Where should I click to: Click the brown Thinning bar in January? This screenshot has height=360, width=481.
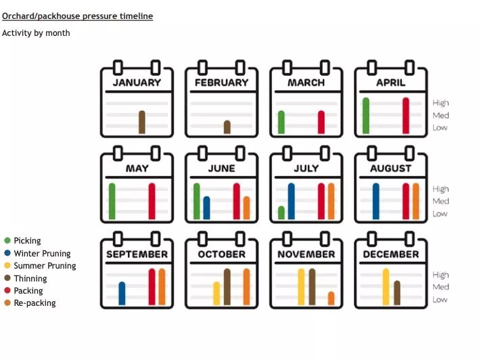(142, 122)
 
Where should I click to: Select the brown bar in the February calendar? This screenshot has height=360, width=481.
(227, 127)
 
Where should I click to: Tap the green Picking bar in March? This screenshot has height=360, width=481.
(281, 122)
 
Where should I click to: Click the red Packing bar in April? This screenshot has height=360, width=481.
(406, 116)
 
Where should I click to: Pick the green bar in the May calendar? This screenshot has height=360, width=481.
(112, 202)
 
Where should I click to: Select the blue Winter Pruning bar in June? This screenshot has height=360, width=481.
(206, 208)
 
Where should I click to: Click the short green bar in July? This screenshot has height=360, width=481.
(281, 213)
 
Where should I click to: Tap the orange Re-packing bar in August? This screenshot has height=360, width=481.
(415, 202)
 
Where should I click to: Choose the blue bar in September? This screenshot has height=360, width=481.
(122, 294)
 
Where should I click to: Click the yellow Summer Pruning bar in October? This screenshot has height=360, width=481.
(216, 294)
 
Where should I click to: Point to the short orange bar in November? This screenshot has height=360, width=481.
(331, 298)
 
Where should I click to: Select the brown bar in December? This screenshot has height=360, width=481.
(396, 293)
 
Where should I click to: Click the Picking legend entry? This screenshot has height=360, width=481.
(27, 241)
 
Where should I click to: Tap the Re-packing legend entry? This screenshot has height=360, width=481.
(35, 303)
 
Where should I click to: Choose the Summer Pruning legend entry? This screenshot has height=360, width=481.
(45, 266)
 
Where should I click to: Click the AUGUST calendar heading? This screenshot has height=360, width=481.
(390, 168)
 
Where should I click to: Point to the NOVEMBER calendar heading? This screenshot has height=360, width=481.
(306, 254)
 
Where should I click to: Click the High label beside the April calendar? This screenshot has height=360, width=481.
(440, 103)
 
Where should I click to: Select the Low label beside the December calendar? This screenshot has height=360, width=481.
(440, 300)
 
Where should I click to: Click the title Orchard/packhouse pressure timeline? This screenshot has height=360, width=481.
(78, 16)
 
